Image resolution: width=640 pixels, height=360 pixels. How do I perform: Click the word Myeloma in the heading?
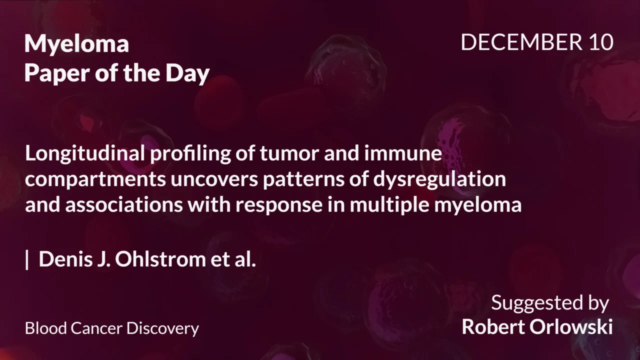(76, 45)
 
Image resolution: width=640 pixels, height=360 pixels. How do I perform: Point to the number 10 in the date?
(600, 43)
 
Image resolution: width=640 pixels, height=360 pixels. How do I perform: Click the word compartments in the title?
(95, 179)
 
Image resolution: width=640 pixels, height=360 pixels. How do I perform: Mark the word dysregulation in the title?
(439, 179)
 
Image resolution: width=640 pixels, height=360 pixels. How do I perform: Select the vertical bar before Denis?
(27, 260)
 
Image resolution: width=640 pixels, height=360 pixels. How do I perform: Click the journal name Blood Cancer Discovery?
(112, 328)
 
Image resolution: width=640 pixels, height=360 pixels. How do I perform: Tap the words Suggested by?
(549, 303)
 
